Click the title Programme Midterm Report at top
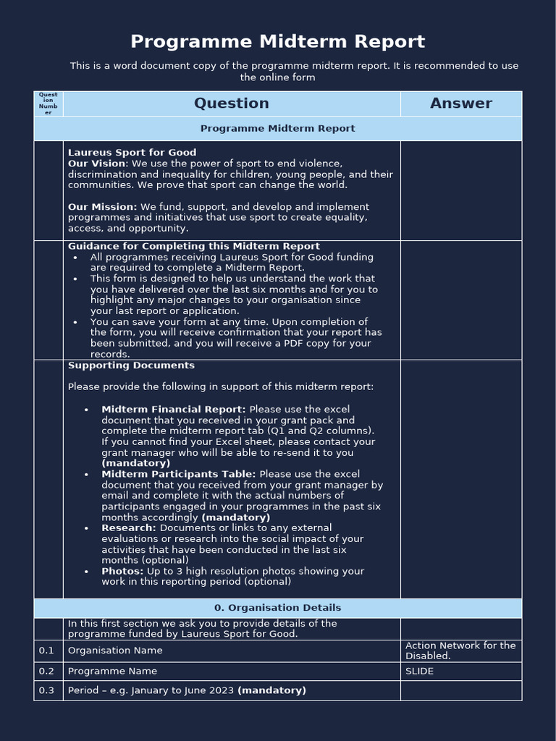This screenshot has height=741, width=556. [x=278, y=41]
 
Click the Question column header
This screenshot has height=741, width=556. [x=232, y=103]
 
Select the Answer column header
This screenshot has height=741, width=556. [x=460, y=103]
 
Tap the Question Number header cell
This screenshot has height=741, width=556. [x=49, y=103]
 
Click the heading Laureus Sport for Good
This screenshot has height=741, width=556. [x=132, y=153]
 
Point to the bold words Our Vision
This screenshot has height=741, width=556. [x=96, y=164]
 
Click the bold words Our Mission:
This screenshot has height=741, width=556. [x=102, y=207]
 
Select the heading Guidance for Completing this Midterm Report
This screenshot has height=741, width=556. [x=193, y=246]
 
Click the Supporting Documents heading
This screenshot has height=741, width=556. [x=131, y=365]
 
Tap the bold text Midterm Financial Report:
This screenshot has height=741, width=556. [x=174, y=410]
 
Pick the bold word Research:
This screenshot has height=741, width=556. [x=129, y=528]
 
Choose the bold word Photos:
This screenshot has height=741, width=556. [x=122, y=572]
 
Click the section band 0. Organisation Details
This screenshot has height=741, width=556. [x=278, y=608]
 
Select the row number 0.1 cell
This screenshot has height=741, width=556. [x=47, y=651]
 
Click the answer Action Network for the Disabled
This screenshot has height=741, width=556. [x=460, y=651]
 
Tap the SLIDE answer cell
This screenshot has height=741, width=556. [x=460, y=671]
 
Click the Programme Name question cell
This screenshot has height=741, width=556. [x=112, y=671]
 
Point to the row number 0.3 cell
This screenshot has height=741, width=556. [x=47, y=690]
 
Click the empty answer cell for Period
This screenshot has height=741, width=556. [x=460, y=690]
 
